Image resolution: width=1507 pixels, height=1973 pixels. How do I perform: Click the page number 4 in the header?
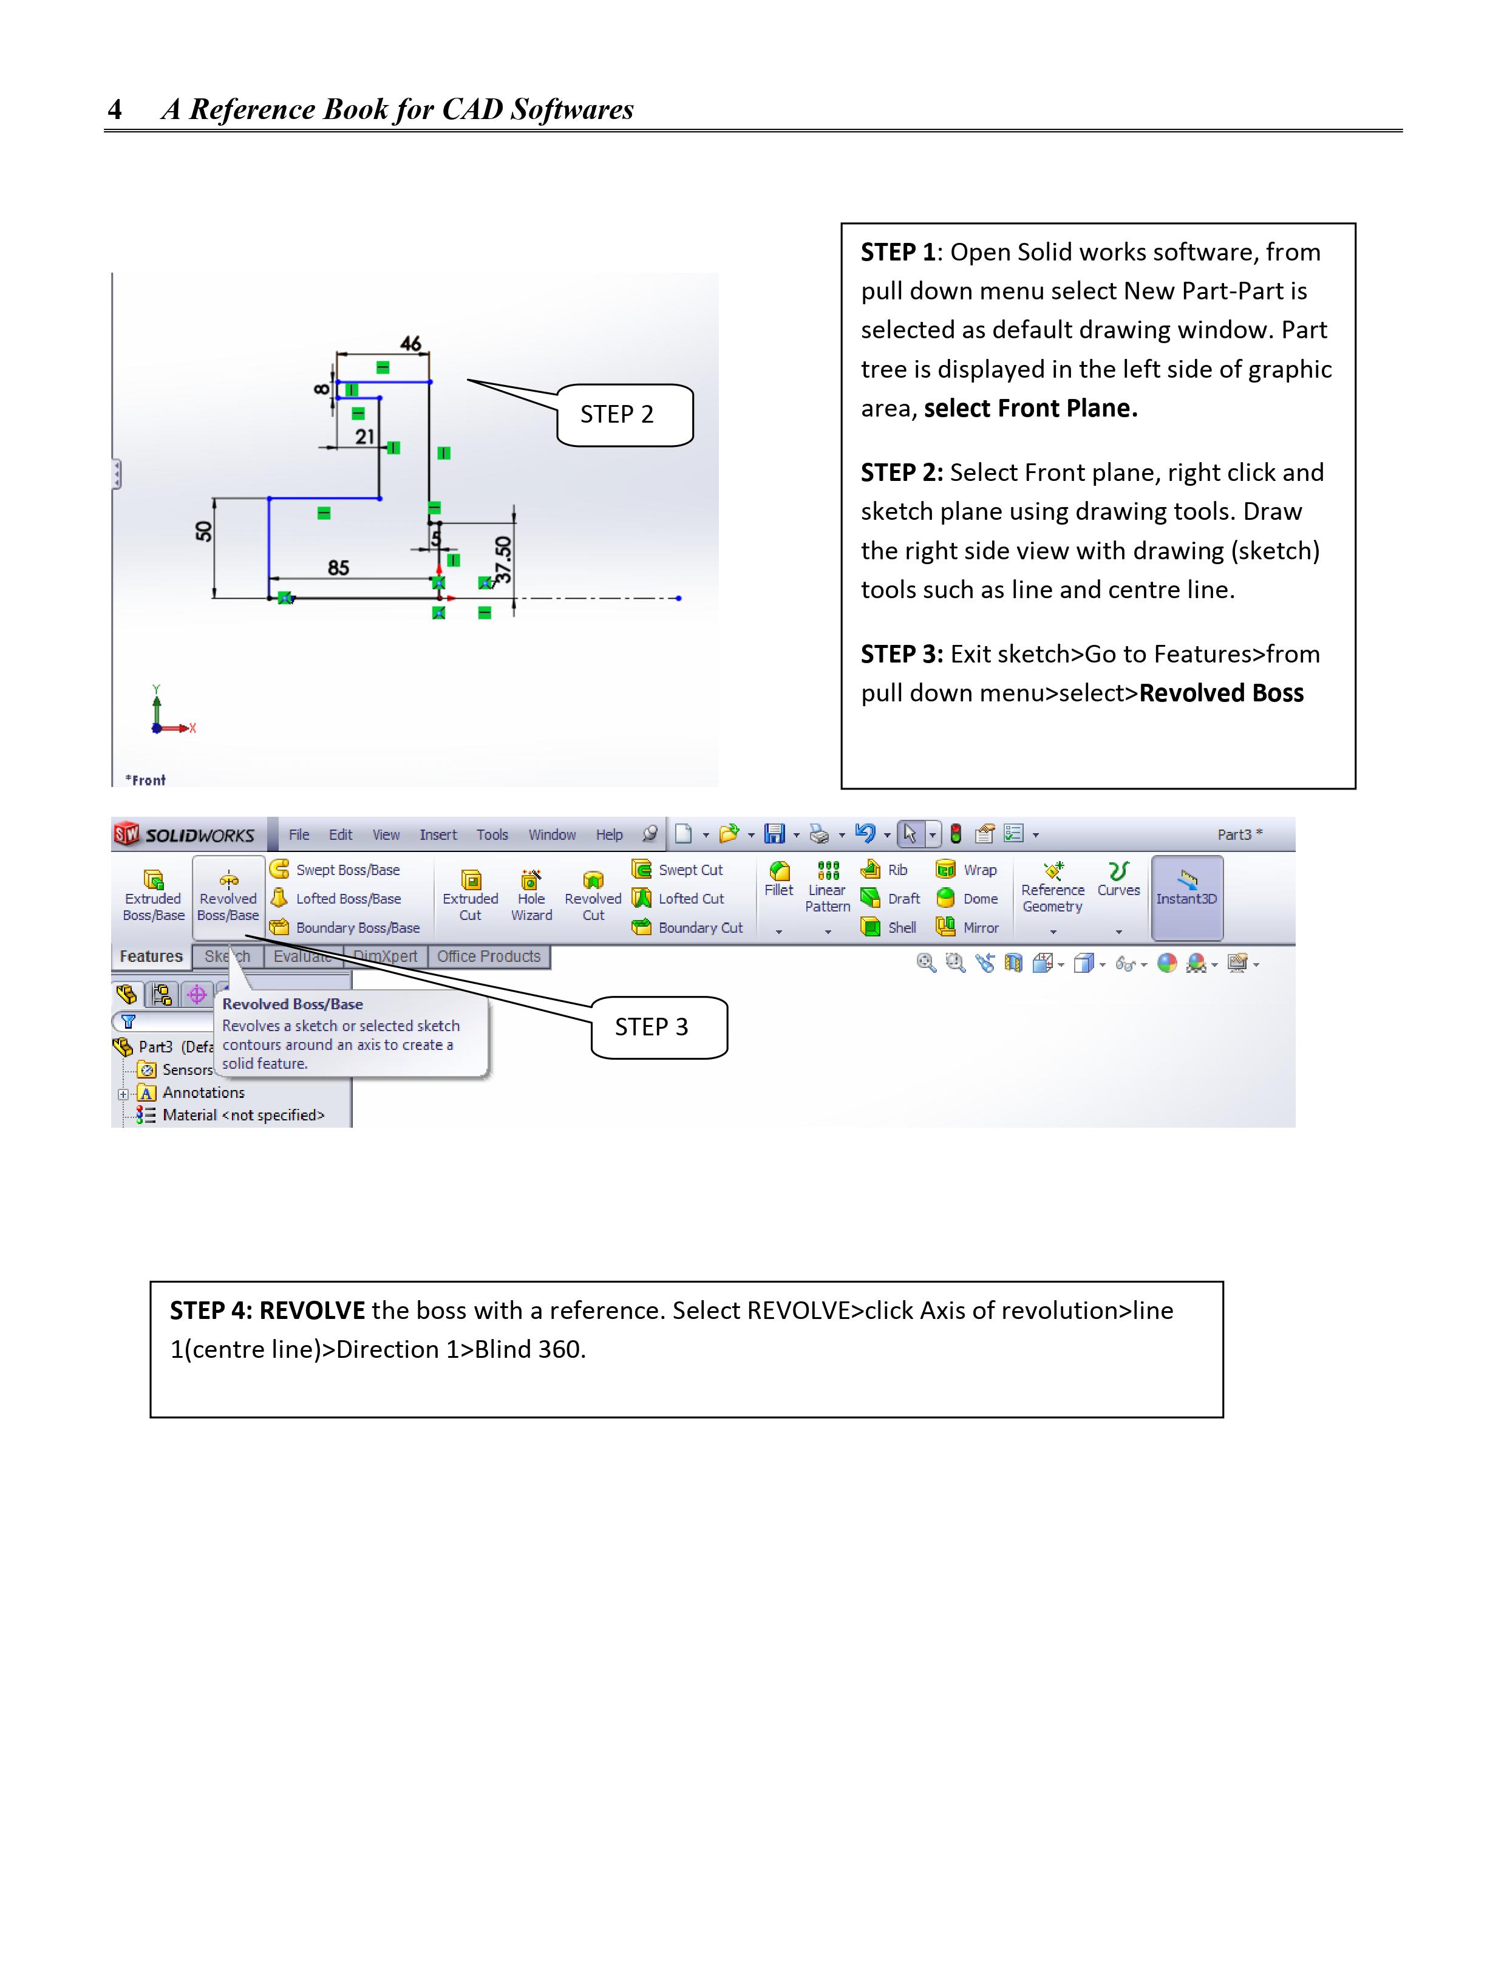pyautogui.click(x=115, y=109)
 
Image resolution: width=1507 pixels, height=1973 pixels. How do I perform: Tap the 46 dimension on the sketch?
pyautogui.click(x=411, y=344)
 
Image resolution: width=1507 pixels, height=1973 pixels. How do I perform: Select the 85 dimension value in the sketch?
pyautogui.click(x=338, y=568)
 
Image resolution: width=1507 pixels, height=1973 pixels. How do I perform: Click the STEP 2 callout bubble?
pyautogui.click(x=624, y=415)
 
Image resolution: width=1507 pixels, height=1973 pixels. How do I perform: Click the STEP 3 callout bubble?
pyautogui.click(x=658, y=1027)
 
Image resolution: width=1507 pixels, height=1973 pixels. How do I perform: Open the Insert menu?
pyautogui.click(x=438, y=834)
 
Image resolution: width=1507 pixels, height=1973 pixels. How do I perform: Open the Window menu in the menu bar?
pyautogui.click(x=552, y=834)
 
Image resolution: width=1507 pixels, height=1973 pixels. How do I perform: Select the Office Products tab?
pyautogui.click(x=489, y=956)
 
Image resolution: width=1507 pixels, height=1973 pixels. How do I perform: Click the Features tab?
pyautogui.click(x=151, y=956)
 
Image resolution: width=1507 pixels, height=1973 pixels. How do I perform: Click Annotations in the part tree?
pyautogui.click(x=203, y=1093)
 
